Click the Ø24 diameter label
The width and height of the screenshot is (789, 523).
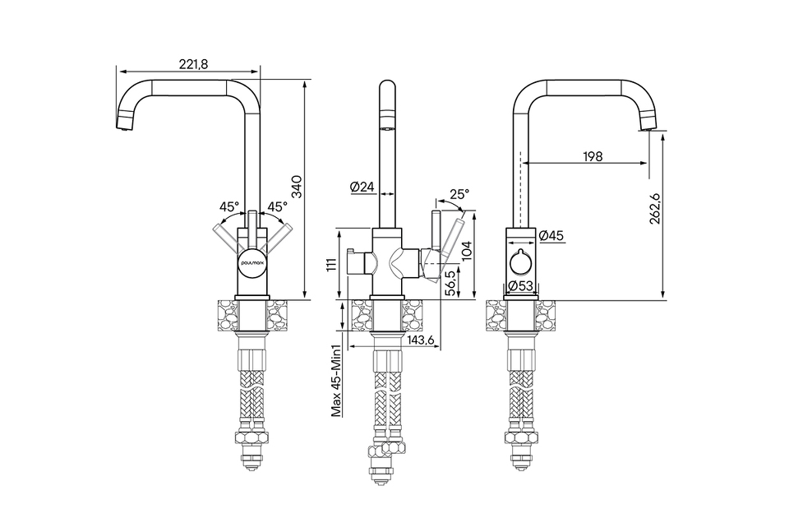coord(362,187)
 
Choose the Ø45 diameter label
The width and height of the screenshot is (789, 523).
coord(551,236)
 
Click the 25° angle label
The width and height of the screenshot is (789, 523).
coord(459,195)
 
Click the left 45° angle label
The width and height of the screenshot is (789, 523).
coord(229,206)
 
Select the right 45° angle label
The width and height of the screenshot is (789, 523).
coord(276,206)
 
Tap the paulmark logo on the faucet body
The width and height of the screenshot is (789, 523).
coord(252,261)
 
